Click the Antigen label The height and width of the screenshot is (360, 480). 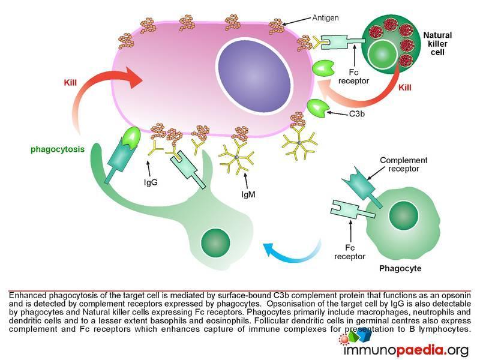tap(325, 18)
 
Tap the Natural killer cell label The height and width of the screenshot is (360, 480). tap(437, 44)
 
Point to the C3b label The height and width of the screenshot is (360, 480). tap(356, 114)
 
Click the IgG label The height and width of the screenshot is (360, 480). tap(151, 182)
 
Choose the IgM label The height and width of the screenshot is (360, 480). tap(248, 194)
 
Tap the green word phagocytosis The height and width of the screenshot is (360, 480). tap(58, 149)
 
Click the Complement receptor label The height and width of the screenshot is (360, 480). tap(403, 164)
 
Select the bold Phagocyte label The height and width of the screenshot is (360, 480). tap(400, 268)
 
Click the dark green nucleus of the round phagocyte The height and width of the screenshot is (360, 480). tap(403, 215)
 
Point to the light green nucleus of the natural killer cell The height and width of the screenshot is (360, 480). tap(383, 55)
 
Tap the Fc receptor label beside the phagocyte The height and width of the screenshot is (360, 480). tap(350, 252)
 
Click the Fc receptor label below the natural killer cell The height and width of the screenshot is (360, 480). tap(353, 77)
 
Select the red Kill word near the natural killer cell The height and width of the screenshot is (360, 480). tap(404, 88)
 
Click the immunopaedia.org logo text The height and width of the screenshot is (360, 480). tap(406, 350)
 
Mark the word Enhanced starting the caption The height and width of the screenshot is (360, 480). tap(28, 295)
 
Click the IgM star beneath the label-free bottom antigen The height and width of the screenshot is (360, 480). tap(299, 143)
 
